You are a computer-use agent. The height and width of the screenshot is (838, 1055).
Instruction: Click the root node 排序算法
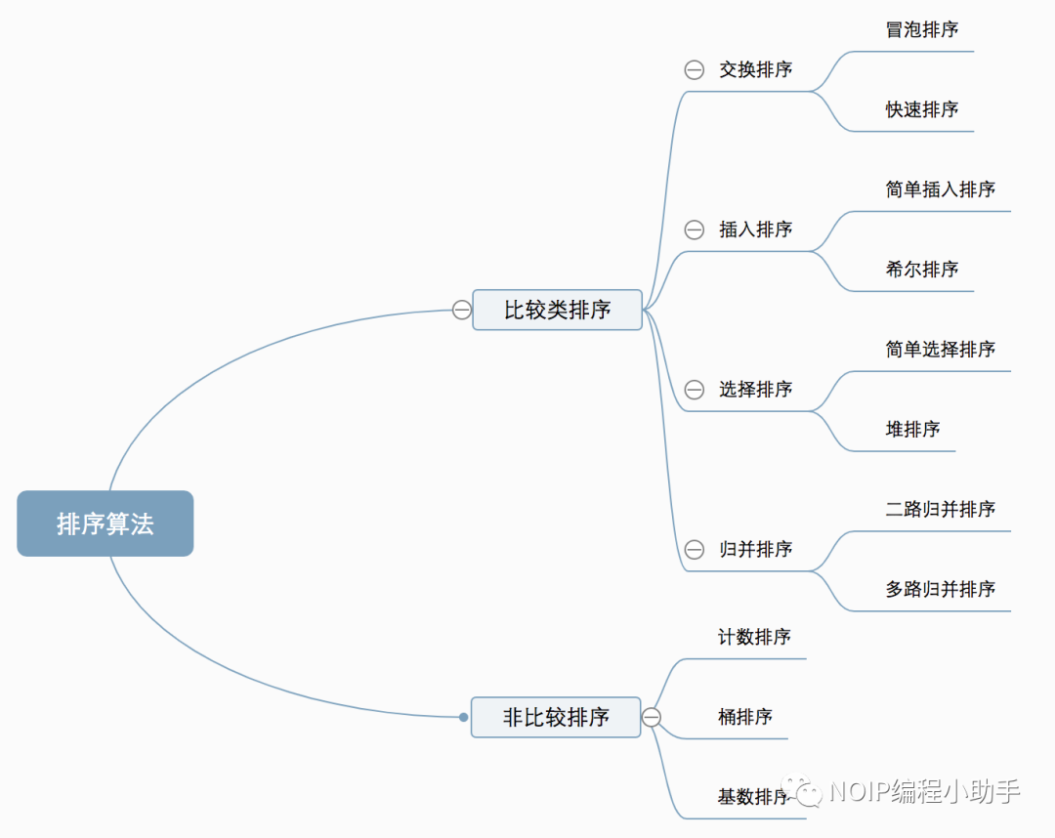(x=105, y=524)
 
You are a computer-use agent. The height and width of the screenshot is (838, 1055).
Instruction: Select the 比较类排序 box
(x=557, y=310)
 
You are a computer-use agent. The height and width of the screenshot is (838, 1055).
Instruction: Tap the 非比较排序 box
(x=556, y=717)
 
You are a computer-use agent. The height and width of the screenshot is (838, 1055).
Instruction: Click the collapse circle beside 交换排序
(x=695, y=69)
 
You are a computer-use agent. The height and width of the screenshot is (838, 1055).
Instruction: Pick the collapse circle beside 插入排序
(x=695, y=230)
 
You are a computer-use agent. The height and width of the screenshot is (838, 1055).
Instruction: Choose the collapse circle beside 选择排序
(x=695, y=390)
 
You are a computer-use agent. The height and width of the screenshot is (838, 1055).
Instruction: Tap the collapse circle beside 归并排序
(x=695, y=550)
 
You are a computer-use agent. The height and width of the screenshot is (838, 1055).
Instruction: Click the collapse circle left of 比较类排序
(x=462, y=310)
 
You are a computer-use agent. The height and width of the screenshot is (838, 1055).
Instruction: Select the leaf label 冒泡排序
(x=922, y=29)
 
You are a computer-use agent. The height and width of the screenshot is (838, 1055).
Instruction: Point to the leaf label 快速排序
(x=922, y=109)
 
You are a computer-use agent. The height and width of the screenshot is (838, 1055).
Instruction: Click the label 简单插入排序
(x=941, y=189)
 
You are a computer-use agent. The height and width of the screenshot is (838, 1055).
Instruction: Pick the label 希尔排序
(x=922, y=269)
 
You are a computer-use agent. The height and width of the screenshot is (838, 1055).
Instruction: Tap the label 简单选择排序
(x=941, y=349)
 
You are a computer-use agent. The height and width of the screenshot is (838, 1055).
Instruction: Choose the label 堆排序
(x=912, y=429)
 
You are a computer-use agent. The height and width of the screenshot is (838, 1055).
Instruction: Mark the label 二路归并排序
(x=941, y=509)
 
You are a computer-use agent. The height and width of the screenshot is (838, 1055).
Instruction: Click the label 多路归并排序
(x=941, y=589)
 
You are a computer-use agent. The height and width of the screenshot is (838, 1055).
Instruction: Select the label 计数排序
(x=754, y=637)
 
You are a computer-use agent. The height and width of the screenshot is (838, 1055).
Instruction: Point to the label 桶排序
(x=744, y=717)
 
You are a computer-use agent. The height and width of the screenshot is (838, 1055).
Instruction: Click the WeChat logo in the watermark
(x=809, y=791)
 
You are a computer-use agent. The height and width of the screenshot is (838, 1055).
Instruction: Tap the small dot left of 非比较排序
(x=464, y=717)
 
